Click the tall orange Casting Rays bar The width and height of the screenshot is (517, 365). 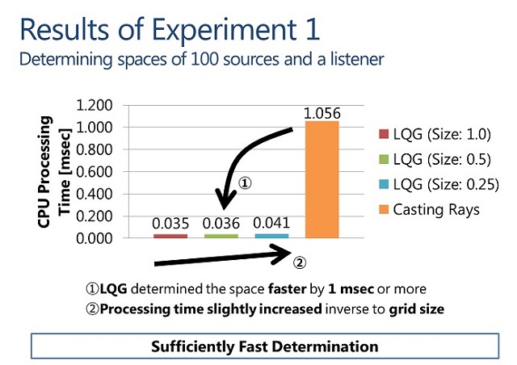[x=322, y=179]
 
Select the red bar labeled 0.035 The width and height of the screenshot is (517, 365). [x=170, y=236]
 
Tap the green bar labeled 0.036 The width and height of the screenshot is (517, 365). [x=221, y=236]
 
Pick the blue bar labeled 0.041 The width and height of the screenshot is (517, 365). [x=271, y=236]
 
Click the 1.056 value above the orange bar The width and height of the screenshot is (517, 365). [x=321, y=113]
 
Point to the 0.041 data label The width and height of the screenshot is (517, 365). [x=271, y=223]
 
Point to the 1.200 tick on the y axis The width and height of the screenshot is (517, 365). [x=93, y=106]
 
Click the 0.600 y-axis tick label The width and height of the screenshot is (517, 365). [x=93, y=172]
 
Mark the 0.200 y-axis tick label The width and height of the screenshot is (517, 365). [x=93, y=216]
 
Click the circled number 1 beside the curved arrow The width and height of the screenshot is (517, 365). [x=246, y=183]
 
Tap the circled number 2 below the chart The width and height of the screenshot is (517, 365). [x=299, y=262]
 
